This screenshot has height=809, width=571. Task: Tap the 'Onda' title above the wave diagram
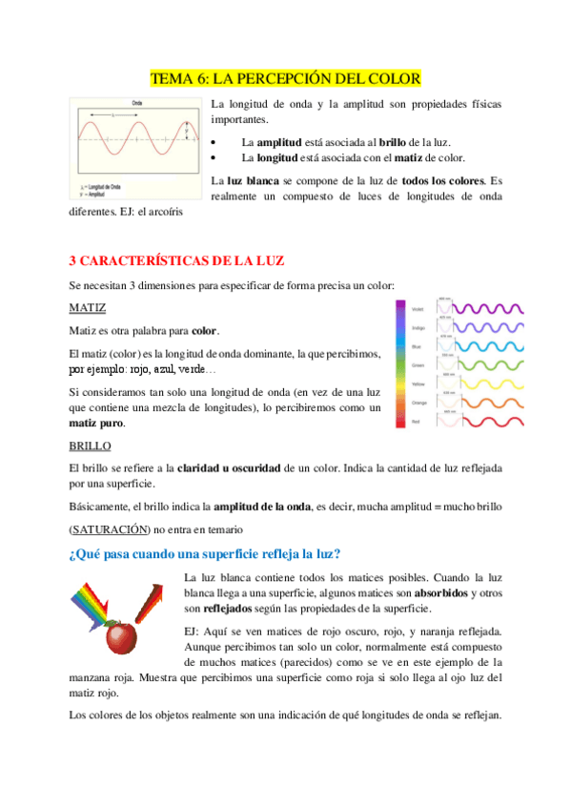point(137,101)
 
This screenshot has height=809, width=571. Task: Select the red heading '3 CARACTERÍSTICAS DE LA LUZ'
point(177,260)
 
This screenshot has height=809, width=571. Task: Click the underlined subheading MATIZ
point(88,308)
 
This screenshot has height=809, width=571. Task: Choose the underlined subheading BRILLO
point(91,446)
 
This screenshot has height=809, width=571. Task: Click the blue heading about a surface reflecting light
point(206,554)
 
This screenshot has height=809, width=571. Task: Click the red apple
point(121,636)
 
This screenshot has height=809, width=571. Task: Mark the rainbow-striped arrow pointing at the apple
point(96,603)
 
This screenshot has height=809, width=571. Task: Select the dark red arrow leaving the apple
point(152,600)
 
